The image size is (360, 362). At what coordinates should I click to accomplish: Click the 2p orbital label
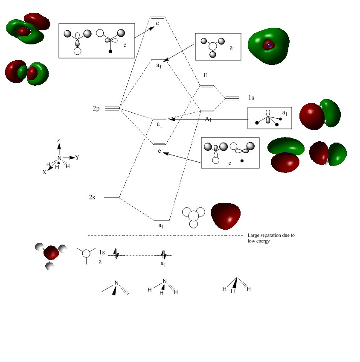[x=96, y=109]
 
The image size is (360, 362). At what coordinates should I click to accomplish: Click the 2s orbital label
[x=93, y=197]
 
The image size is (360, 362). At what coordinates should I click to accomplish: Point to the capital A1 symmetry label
[x=208, y=119]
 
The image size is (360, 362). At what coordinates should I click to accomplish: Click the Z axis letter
[x=58, y=140]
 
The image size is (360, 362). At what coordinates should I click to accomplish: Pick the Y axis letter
[x=78, y=157]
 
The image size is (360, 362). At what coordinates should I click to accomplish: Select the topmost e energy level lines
[x=157, y=18]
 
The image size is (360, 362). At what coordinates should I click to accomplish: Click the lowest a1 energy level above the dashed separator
[x=162, y=220]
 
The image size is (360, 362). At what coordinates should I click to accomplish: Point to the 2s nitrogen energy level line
[x=111, y=198]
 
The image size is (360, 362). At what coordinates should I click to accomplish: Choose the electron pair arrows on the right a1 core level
[x=164, y=255]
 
